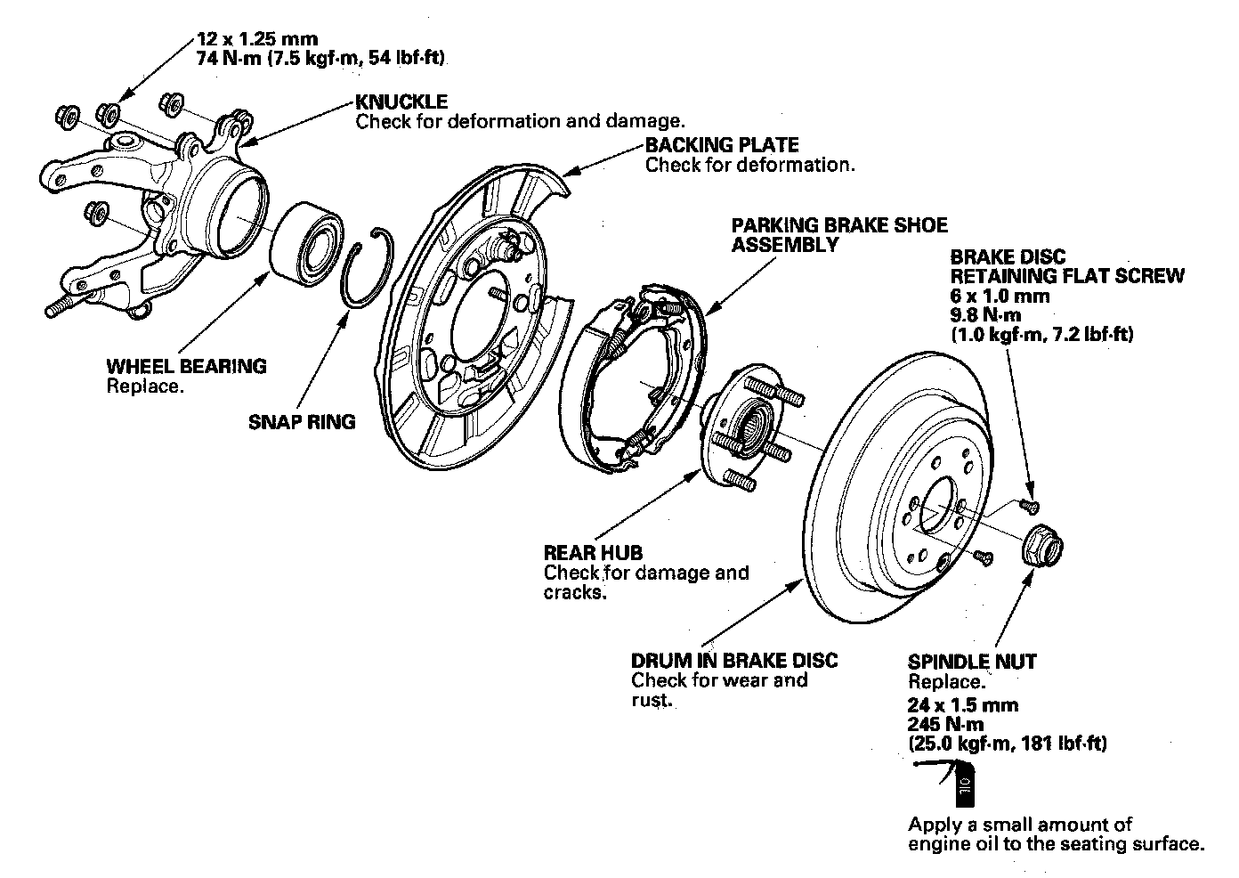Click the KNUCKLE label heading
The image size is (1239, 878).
[401, 102]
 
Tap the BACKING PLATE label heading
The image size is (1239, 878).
[722, 145]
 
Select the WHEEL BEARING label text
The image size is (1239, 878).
[186, 366]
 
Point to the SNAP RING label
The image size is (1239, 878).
[302, 422]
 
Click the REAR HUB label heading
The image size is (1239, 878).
[593, 553]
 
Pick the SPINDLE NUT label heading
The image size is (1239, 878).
[972, 662]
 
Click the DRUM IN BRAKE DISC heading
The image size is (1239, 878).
[734, 661]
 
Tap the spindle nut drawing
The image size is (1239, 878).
[1040, 545]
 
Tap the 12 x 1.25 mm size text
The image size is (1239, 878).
[256, 40]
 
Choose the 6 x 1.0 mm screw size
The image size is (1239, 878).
[1000, 296]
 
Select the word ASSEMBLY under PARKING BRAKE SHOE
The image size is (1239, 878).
[785, 245]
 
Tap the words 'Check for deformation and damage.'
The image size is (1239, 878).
[520, 121]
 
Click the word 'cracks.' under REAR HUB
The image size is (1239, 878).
[575, 592]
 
